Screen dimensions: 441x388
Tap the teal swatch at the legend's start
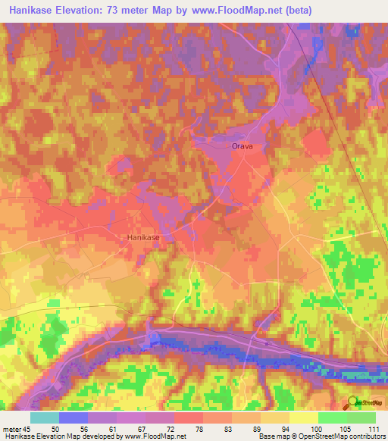[44, 418]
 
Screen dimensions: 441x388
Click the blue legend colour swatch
[73, 418]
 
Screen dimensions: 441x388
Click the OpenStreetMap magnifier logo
[353, 402]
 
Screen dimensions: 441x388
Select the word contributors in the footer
[365, 436]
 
